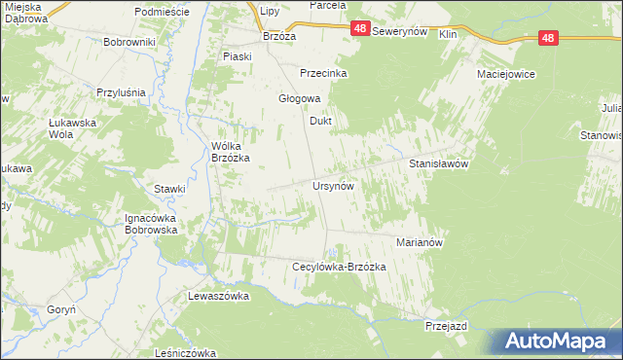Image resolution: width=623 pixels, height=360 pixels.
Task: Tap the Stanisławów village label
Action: click(439, 164)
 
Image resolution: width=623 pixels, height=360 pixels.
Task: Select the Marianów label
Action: click(421, 241)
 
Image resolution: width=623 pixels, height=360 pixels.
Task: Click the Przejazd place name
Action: click(447, 327)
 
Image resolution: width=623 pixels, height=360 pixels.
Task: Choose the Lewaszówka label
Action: click(219, 295)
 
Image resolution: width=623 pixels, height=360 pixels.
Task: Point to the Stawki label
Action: click(169, 189)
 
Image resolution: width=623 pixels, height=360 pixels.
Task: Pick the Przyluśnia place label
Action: click(121, 92)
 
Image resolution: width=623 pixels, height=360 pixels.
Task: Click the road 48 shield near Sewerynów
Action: click(360, 31)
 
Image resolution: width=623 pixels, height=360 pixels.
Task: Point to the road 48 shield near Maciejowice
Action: click(549, 38)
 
